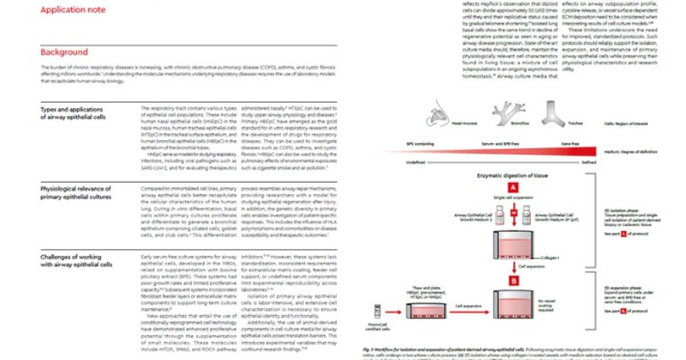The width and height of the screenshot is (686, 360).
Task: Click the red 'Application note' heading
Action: coord(73,10)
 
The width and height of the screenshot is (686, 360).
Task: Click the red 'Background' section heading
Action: coord(64,53)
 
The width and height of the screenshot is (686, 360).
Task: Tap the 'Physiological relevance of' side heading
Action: coord(75,189)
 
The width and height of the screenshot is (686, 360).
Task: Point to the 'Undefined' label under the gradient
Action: coord(416,162)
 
